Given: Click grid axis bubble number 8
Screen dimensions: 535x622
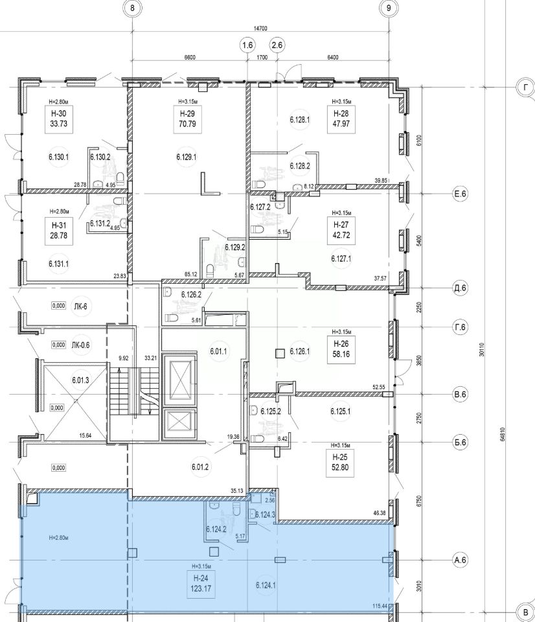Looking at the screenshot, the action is click(x=132, y=8).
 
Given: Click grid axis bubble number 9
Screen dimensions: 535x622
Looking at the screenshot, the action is click(x=389, y=8).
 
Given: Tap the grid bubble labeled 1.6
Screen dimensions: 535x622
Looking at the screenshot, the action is click(x=247, y=45).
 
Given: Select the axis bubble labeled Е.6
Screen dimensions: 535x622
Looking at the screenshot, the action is click(x=460, y=194).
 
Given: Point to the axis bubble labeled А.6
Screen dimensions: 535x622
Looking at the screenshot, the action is click(x=460, y=560).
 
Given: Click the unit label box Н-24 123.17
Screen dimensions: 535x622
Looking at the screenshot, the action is click(x=201, y=584).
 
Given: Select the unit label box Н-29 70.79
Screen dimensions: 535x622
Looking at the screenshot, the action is click(x=187, y=119).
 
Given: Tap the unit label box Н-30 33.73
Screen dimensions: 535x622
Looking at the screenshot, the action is click(x=59, y=119).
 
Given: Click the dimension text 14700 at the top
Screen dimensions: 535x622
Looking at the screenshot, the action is click(x=260, y=28).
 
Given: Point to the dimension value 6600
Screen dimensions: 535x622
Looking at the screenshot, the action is click(x=190, y=57).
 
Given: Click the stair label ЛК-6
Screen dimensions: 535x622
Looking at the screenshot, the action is click(x=80, y=306).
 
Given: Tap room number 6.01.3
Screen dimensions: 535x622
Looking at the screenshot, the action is click(x=80, y=380).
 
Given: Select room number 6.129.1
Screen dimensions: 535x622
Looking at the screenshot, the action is click(x=187, y=157).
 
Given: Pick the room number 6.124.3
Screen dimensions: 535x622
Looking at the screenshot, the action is click(x=266, y=515).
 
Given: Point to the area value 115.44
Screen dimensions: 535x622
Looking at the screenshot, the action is click(x=380, y=606).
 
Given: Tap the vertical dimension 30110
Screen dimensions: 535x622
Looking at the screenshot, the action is click(x=481, y=349).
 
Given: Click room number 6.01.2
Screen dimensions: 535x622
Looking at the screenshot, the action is click(x=200, y=467).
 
